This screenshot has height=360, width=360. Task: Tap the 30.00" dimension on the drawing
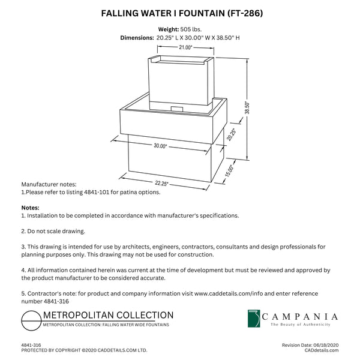pos(160,146)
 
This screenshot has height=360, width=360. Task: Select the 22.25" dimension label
pos(161,183)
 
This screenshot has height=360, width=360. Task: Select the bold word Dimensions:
pos(137,38)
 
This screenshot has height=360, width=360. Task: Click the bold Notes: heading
pos(31,208)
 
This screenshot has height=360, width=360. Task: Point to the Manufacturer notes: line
pos(49,184)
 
